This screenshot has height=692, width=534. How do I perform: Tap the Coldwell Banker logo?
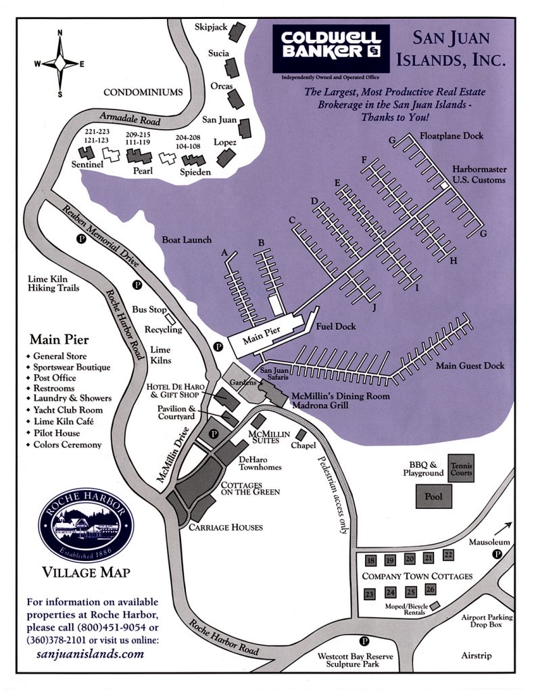(x=331, y=48)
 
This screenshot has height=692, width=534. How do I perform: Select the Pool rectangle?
(x=433, y=496)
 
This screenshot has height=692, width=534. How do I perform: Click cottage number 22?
(x=448, y=554)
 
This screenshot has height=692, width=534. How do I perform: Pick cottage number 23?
(x=369, y=593)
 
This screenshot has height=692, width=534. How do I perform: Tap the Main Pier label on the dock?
(x=261, y=340)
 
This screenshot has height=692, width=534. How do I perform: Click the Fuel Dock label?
(x=336, y=326)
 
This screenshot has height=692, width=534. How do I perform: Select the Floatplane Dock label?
(x=451, y=136)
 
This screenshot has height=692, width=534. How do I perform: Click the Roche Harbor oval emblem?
(x=85, y=526)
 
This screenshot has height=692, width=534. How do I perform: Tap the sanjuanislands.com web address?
(x=90, y=653)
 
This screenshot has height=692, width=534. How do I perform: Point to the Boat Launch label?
(x=187, y=239)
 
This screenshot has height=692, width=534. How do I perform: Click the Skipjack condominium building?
(x=237, y=30)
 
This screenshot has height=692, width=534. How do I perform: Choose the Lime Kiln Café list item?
(x=67, y=422)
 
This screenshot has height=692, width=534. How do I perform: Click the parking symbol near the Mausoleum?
(x=498, y=553)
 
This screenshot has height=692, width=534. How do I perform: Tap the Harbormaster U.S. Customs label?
(x=479, y=175)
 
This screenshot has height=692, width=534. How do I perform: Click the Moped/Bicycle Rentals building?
(x=435, y=605)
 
